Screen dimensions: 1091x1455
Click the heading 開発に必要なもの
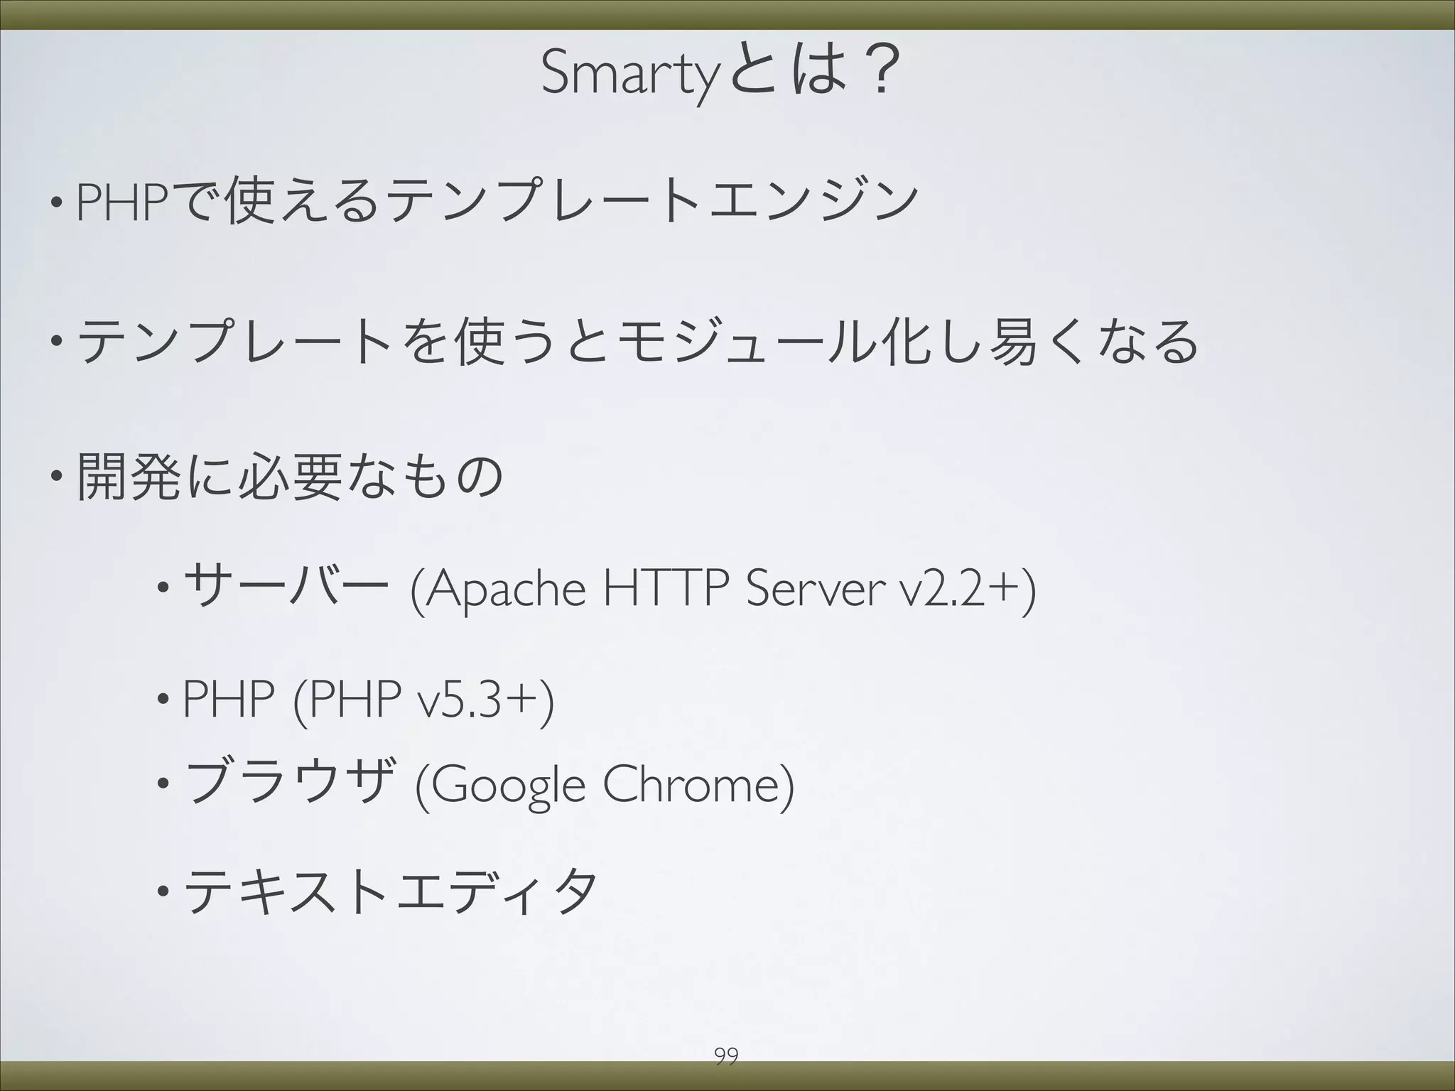(289, 477)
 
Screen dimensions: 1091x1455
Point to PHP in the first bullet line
(121, 202)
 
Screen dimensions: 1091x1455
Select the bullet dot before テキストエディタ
(163, 891)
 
